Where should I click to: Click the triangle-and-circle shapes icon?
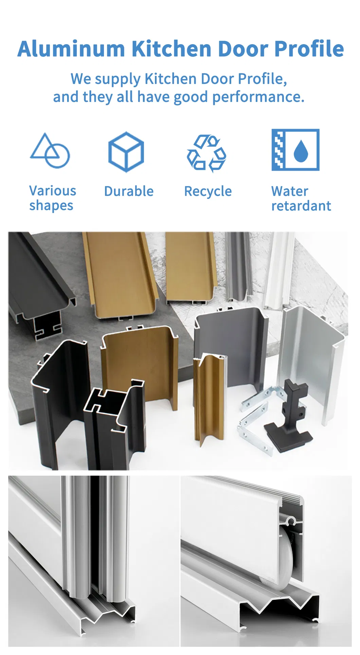tap(50, 151)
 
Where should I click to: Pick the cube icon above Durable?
tap(126, 152)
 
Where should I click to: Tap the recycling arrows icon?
tap(206, 153)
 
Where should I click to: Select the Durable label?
tap(129, 191)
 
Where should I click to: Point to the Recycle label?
tap(208, 192)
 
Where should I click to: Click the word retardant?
tap(301, 206)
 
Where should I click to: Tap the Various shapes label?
tap(52, 198)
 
